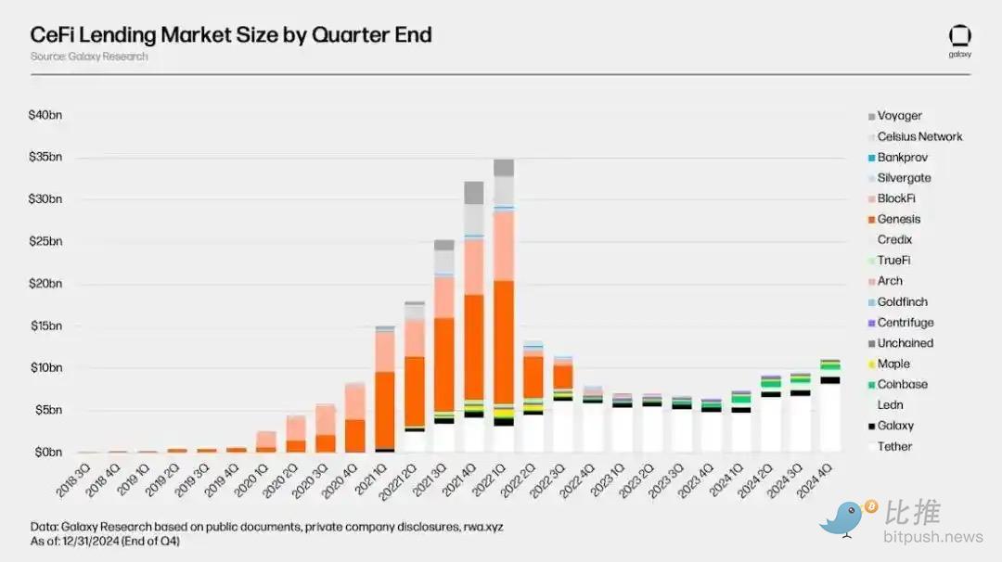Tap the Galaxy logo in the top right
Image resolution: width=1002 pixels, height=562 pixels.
point(959,37)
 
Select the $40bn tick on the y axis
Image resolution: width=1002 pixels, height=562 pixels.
point(46,116)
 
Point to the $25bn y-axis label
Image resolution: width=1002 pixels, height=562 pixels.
point(46,242)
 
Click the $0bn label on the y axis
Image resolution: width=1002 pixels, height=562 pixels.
point(48,453)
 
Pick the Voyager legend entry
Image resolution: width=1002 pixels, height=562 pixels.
point(899,116)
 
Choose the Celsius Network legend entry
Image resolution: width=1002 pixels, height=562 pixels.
point(919,136)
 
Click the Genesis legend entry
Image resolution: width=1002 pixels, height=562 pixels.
point(899,220)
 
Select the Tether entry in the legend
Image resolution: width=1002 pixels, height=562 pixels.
point(894,447)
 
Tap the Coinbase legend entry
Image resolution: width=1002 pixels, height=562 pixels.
point(902,385)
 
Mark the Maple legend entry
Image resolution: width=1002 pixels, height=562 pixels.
point(893,364)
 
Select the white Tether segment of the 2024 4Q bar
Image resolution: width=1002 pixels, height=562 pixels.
point(830,418)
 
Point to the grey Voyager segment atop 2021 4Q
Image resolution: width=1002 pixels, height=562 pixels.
point(473,192)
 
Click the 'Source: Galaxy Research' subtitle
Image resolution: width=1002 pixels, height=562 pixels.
point(89,57)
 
